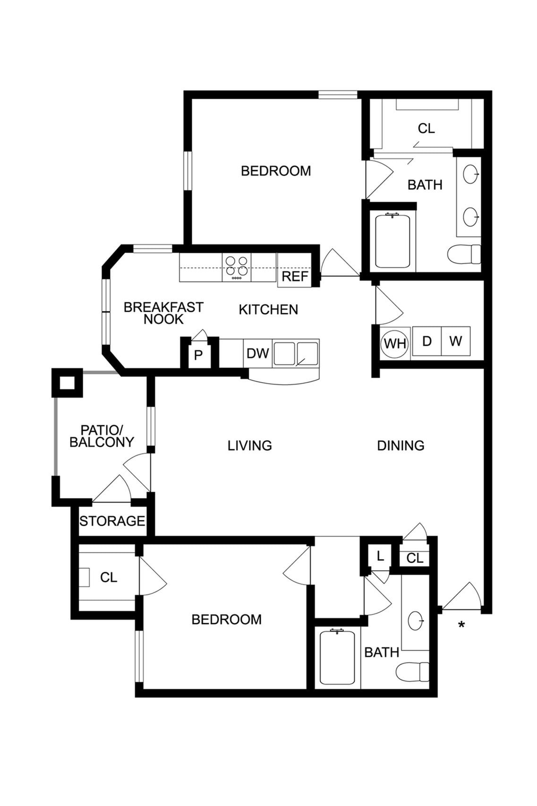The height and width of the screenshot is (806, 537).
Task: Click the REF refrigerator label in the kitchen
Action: point(295,276)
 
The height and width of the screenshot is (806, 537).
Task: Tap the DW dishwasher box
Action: point(257,353)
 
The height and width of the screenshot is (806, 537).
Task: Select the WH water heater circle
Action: point(395,343)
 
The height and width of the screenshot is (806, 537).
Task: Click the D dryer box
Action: point(426,341)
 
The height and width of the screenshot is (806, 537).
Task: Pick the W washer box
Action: point(455,341)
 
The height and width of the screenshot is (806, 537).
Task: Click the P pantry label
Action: point(198,355)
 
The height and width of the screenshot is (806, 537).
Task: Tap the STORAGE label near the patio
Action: point(112,521)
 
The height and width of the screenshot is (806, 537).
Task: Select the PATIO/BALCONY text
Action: point(102,436)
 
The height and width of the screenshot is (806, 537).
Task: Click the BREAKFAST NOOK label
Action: point(163,313)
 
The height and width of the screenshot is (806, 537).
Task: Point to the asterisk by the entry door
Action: point(461,625)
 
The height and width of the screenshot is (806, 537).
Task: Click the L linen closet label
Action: point(380,556)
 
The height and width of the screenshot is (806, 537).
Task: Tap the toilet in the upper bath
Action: point(464,254)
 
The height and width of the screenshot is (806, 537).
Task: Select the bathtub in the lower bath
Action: point(337,658)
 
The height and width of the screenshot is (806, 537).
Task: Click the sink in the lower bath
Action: point(416,620)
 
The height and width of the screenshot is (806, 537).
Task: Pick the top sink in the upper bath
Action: point(470,174)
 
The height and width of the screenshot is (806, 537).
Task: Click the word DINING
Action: point(401,446)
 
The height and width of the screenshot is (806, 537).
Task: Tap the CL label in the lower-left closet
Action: point(109,577)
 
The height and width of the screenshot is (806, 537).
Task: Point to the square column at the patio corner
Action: point(68,382)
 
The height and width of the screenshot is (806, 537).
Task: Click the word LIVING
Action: point(249,446)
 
